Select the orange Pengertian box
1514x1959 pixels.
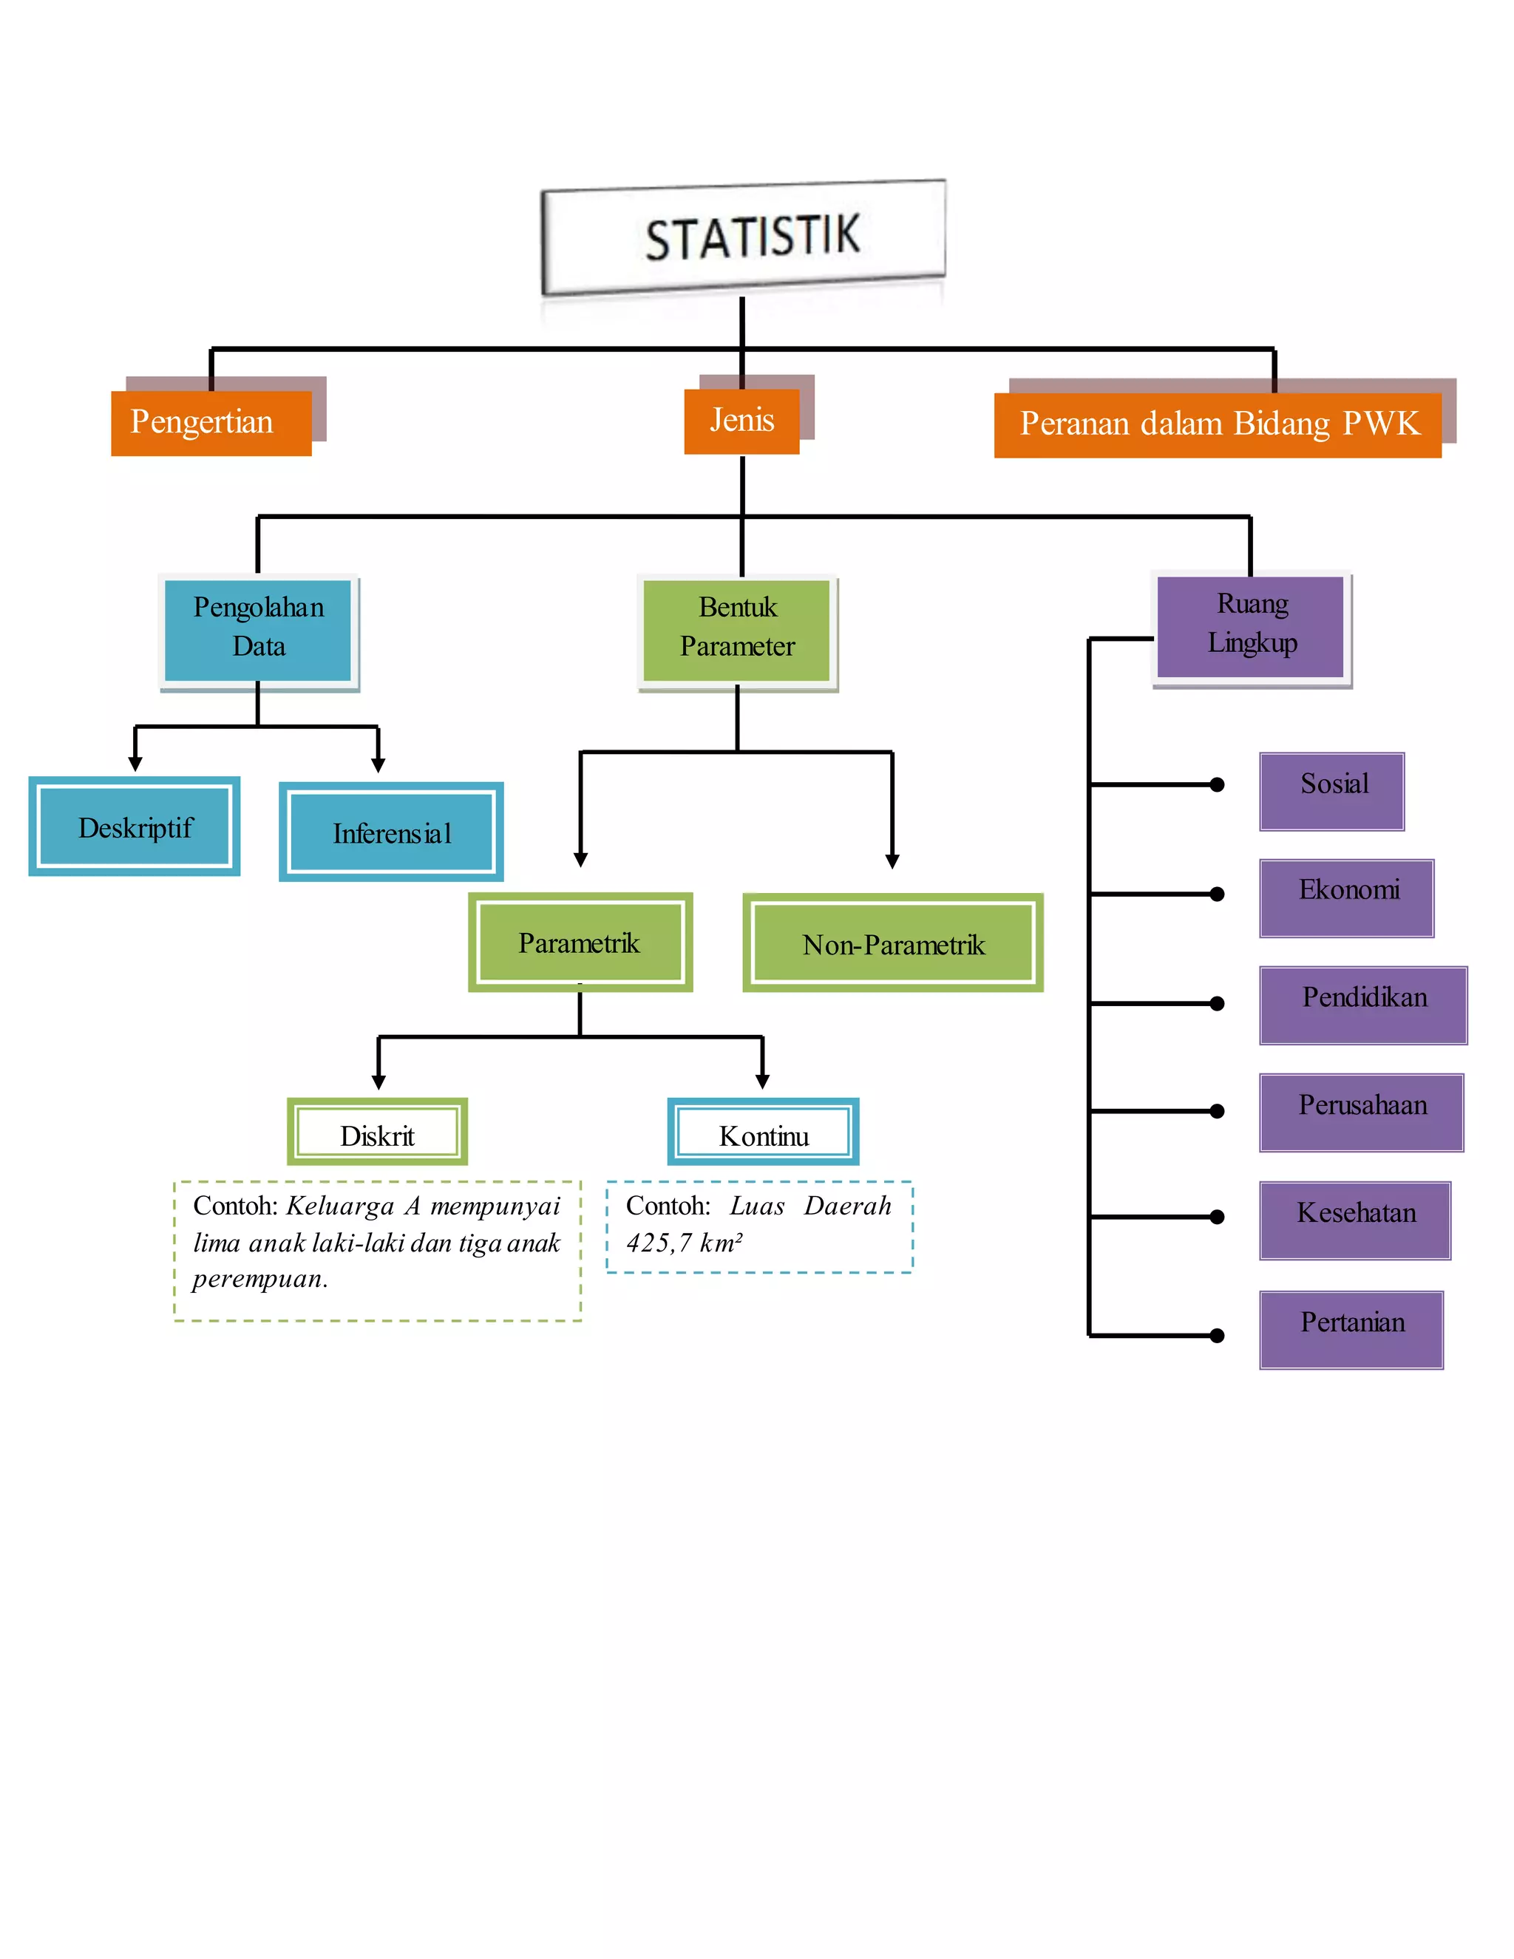(211, 422)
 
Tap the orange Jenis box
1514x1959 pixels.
(741, 421)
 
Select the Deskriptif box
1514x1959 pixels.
(135, 826)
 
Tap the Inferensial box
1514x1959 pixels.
(391, 832)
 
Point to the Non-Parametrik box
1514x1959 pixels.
(892, 943)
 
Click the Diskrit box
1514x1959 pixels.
(377, 1132)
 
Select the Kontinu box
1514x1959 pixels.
(763, 1132)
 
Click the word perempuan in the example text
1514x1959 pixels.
(259, 1279)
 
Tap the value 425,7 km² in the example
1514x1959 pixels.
(685, 1243)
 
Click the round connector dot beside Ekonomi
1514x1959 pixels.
(1217, 894)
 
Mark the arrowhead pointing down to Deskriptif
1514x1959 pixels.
(135, 764)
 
